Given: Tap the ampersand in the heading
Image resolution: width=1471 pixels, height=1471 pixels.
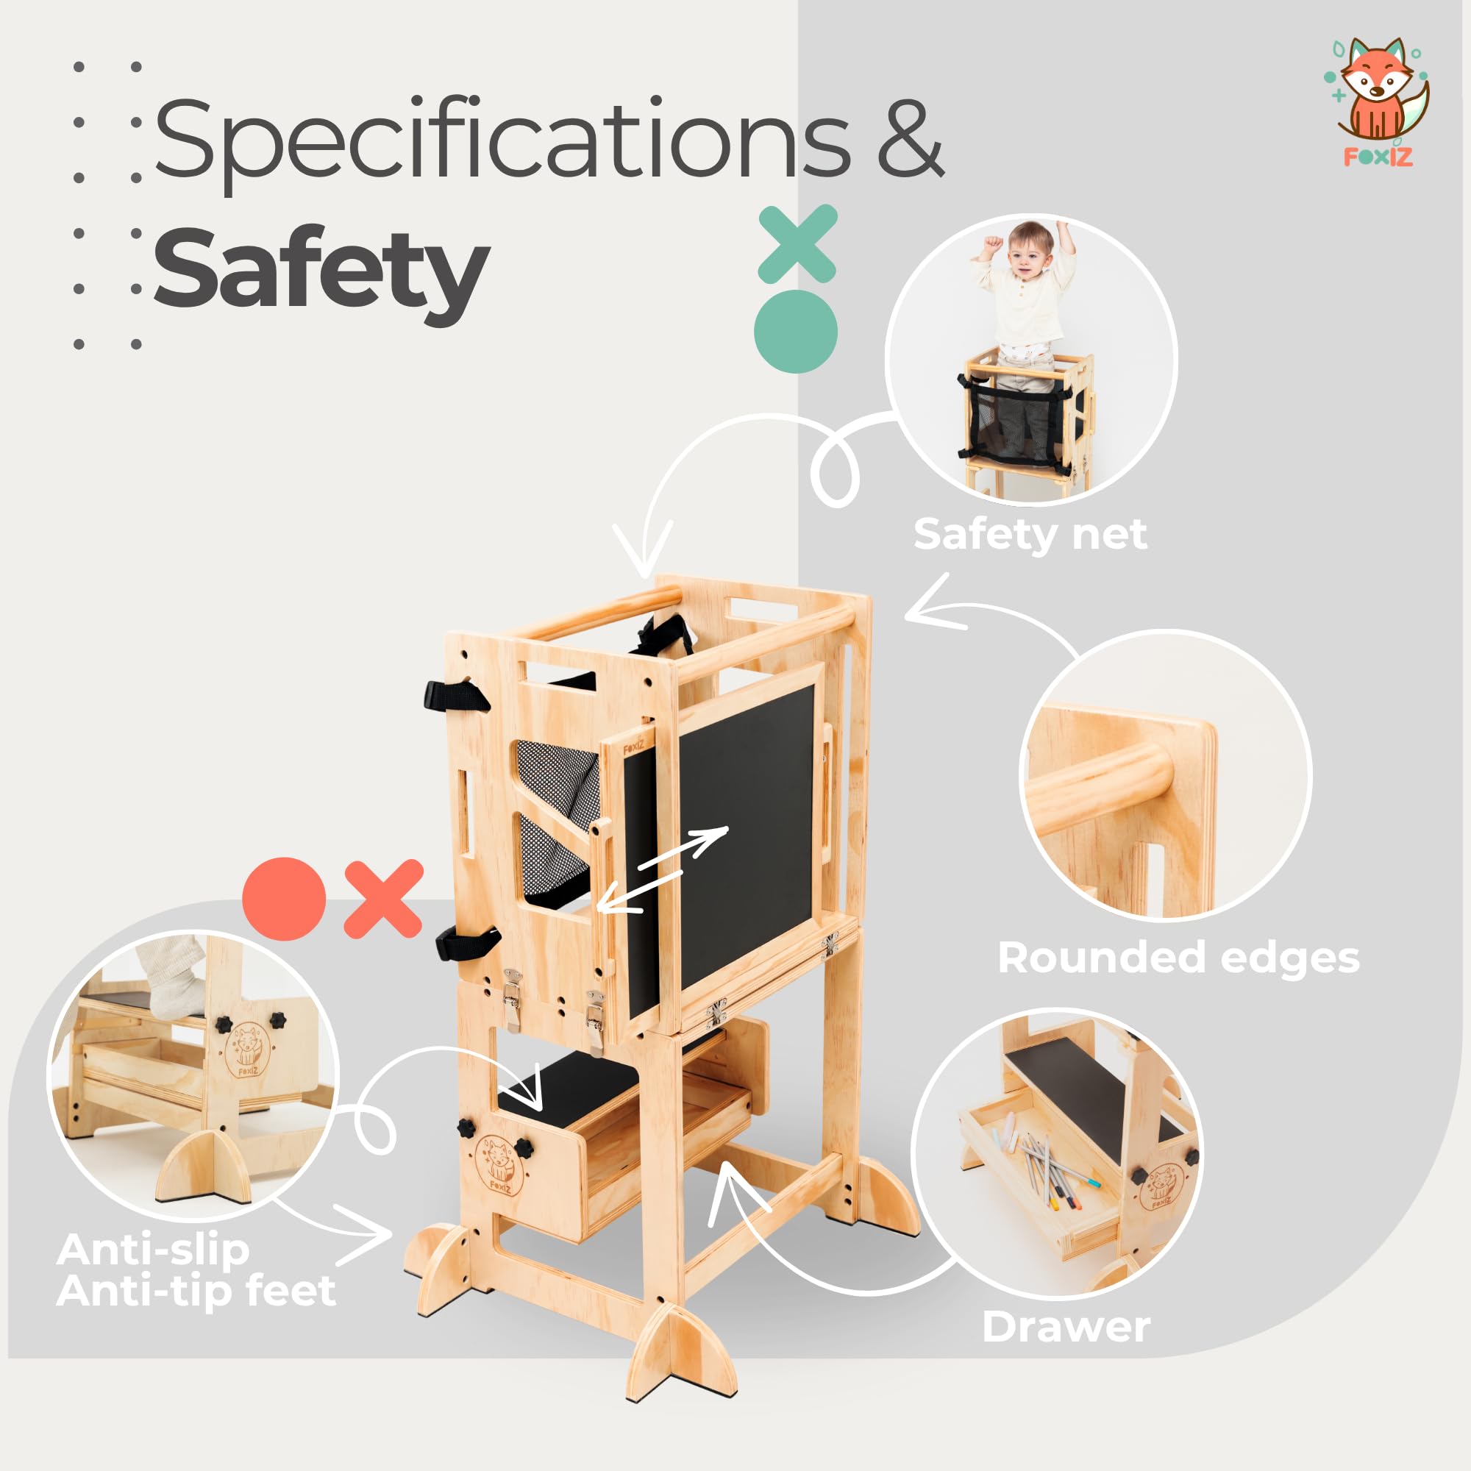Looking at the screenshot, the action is [911, 138].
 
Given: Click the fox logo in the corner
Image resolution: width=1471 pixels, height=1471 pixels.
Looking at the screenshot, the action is [1377, 101].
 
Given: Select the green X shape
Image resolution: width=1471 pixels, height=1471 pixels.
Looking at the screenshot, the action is [797, 243].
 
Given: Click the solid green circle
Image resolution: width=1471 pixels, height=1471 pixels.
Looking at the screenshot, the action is [796, 331].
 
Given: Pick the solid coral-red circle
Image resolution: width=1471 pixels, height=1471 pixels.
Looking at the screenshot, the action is [284, 900].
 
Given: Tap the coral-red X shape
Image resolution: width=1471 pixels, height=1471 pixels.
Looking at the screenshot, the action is [383, 899].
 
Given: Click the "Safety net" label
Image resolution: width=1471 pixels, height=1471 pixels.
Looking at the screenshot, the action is [1030, 534].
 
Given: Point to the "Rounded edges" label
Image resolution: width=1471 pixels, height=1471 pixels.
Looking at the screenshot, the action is [1178, 958].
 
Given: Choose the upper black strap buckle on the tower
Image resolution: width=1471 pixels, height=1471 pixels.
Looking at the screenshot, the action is [455, 696].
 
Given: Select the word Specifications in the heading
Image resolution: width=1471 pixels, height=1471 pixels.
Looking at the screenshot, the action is [502, 142].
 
